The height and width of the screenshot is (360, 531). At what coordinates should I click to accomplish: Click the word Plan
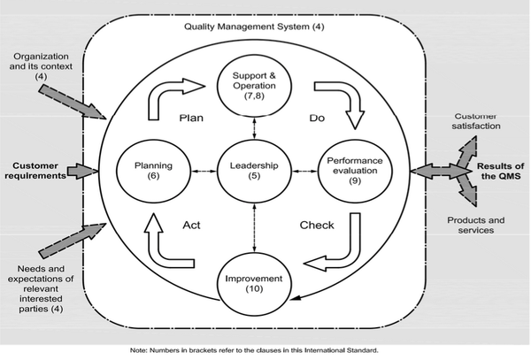pyautogui.click(x=193, y=118)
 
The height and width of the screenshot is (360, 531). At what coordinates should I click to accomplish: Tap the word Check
pyautogui.click(x=316, y=225)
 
